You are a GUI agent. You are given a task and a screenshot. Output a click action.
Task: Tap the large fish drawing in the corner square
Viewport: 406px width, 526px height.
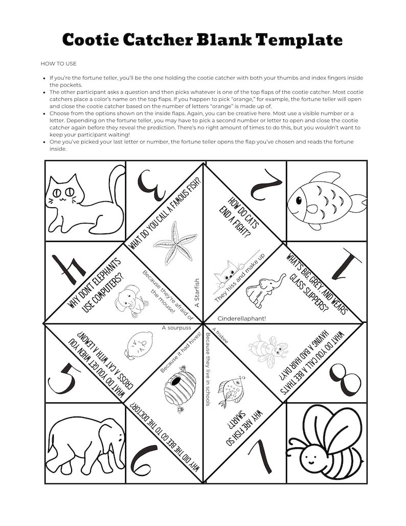click(325, 200)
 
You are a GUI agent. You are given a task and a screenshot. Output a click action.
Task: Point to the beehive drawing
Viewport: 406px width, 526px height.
click(179, 388)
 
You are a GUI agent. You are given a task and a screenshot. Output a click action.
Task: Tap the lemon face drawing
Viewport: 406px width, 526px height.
click(136, 345)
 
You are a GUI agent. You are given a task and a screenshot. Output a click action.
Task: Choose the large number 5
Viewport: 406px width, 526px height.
click(63, 379)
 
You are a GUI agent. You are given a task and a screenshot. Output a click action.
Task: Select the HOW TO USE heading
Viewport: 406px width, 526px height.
click(58, 63)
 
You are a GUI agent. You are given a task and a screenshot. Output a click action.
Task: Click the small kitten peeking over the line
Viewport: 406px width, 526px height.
click(227, 274)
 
